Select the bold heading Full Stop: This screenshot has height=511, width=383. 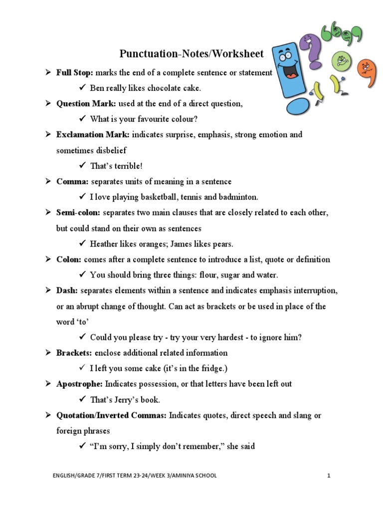pyautogui.click(x=75, y=73)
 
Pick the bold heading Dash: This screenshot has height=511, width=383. pyautogui.click(x=67, y=291)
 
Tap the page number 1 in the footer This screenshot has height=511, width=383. pyautogui.click(x=329, y=476)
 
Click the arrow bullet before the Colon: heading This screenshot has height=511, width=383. pyautogui.click(x=48, y=260)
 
